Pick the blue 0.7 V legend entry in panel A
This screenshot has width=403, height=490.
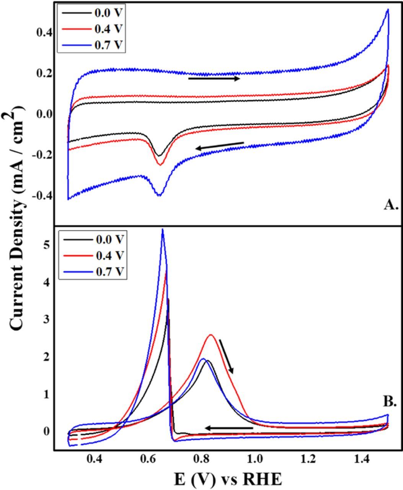pos(92,45)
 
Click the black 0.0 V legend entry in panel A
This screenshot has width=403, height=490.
pos(92,12)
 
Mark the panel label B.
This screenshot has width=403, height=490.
pos(390,402)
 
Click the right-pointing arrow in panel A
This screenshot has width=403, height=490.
pos(214,78)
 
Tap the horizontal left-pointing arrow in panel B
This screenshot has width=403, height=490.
pos(228,428)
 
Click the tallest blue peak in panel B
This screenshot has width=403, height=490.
pos(163,230)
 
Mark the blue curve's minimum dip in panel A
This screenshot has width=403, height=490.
pos(159,195)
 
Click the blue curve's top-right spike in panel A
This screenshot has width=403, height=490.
pos(388,10)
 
